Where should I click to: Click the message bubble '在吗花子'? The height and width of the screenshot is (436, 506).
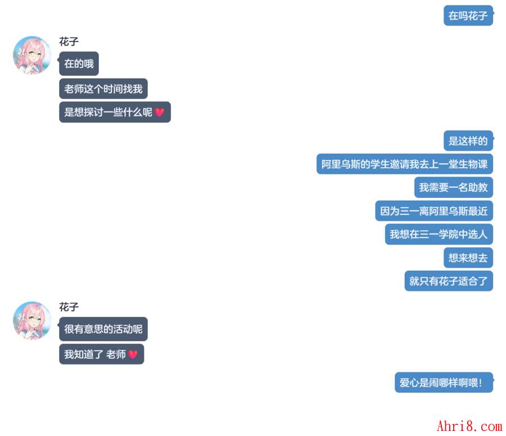(468, 16)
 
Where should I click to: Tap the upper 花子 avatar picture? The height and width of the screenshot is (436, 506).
(32, 55)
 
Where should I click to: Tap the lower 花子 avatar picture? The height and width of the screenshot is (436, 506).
(32, 321)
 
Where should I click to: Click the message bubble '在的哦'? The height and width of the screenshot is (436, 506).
(79, 64)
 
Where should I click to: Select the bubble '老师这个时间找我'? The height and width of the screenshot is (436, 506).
(103, 89)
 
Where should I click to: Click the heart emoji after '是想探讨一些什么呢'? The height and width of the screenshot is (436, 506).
(160, 113)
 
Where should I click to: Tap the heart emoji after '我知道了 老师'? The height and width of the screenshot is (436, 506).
(133, 354)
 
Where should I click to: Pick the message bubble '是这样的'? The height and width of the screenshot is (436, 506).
(468, 141)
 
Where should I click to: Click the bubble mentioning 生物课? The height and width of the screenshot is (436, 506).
(404, 164)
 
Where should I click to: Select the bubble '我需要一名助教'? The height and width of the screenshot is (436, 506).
(453, 187)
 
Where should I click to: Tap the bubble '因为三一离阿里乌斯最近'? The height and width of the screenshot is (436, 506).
(433, 211)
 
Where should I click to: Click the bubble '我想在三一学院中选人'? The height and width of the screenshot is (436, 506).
(439, 234)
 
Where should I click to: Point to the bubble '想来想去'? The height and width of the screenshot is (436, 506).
(468, 258)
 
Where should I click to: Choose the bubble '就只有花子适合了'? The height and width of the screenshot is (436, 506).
(448, 281)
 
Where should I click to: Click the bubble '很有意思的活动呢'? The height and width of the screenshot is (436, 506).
(103, 329)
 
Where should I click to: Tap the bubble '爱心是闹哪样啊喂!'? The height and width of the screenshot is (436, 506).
(444, 383)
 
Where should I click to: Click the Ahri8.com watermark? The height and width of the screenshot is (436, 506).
(469, 426)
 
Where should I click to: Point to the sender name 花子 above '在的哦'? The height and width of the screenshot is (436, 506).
(69, 42)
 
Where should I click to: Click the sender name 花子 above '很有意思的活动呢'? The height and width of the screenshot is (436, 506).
(69, 307)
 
